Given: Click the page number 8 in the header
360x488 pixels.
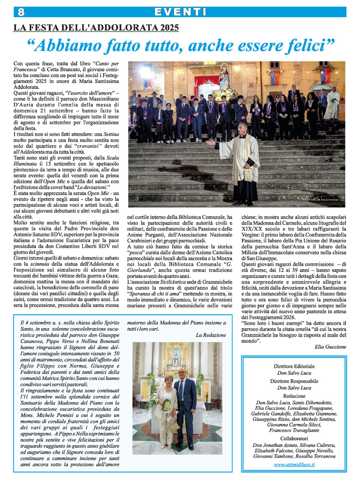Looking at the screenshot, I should point(21,12).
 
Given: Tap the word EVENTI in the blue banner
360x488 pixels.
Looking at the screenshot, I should point(180,12).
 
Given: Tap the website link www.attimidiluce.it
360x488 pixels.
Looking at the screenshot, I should point(294,465).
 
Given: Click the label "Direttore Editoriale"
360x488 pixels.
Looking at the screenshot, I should point(294,366).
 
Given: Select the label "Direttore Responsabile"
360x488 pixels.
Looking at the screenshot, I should point(294,381).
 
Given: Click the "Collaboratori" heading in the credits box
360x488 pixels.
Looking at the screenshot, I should point(294,438).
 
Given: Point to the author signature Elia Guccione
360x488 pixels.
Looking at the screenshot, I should point(330,347).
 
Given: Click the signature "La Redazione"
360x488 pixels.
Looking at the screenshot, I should point(211,335).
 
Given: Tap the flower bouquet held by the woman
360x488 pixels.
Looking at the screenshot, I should point(166,404).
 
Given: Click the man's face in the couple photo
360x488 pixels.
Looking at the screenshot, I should point(182,373).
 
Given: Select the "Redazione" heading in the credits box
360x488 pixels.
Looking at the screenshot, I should point(294,396).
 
